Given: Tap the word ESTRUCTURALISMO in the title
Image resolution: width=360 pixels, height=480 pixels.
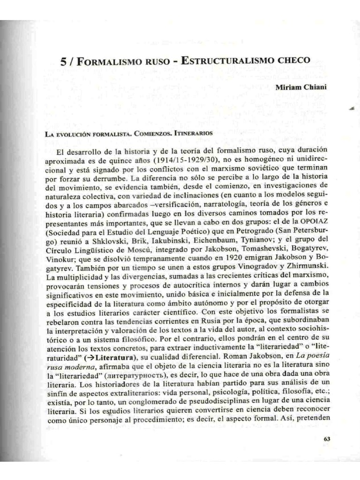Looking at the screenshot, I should coord(221,61).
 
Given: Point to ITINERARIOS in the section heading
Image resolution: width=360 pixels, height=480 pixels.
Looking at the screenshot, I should coord(194,133).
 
